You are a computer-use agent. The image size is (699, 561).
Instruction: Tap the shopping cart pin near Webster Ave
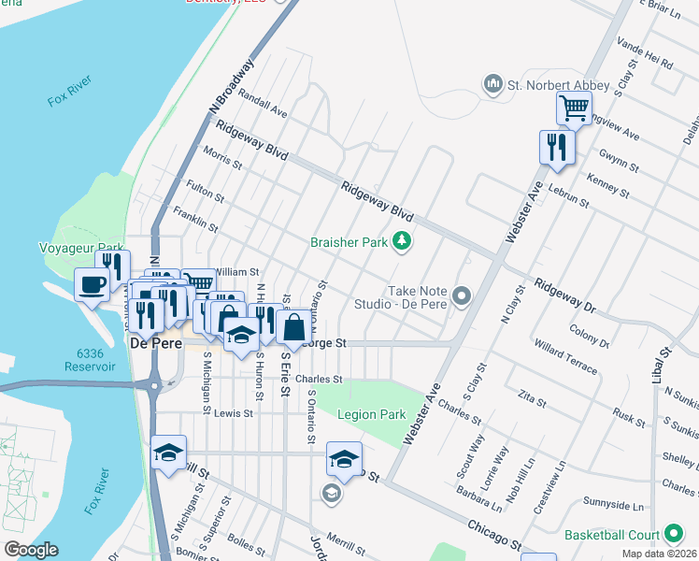(573, 108)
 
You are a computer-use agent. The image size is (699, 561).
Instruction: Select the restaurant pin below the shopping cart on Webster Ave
(556, 148)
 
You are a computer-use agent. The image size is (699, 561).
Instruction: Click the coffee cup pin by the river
(93, 284)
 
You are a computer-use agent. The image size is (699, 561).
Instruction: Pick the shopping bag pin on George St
(293, 328)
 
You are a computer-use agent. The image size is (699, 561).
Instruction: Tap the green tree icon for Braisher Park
(403, 242)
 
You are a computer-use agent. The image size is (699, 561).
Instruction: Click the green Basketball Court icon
(672, 535)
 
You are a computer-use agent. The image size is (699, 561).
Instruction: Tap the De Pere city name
(151, 343)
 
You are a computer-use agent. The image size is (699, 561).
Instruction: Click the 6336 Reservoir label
(90, 360)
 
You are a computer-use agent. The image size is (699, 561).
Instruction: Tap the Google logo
(31, 550)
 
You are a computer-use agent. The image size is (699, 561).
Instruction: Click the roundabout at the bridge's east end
(152, 383)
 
